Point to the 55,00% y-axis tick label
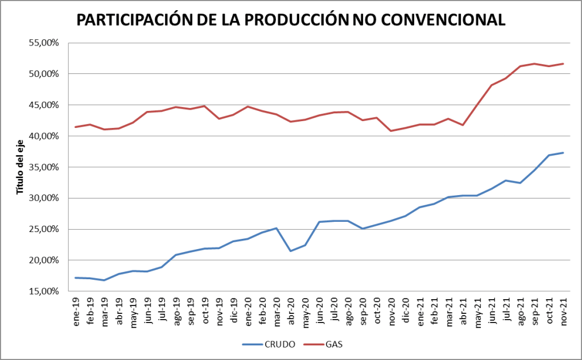pyautogui.click(x=44, y=43)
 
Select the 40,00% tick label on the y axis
pyautogui.click(x=44, y=136)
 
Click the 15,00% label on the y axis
pyautogui.click(x=44, y=291)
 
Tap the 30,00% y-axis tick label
pyautogui.click(x=44, y=198)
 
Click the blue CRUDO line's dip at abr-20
pyautogui.click(x=291, y=251)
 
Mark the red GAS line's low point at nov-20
pyautogui.click(x=391, y=131)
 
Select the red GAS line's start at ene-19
pyautogui.click(x=75, y=127)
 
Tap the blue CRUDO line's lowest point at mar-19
pyautogui.click(x=104, y=280)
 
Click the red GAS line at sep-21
pyautogui.click(x=535, y=64)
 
